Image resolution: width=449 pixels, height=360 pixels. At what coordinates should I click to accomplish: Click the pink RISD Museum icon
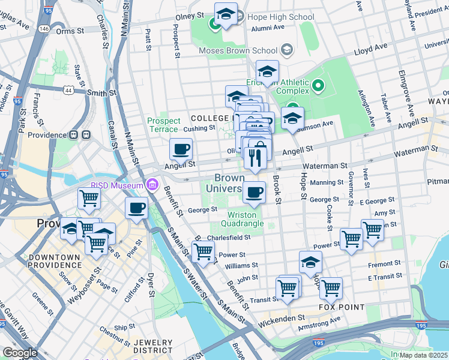tap(152, 183)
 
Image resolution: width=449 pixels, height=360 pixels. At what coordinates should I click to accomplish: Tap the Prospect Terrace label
tap(163, 125)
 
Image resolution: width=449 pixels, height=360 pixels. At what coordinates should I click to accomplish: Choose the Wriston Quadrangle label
tap(246, 219)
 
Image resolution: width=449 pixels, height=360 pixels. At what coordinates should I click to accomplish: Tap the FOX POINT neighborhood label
tap(342, 307)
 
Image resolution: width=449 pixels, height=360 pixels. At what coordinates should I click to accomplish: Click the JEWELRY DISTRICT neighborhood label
tap(152, 346)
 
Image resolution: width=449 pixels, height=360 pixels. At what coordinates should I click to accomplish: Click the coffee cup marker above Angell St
tap(181, 149)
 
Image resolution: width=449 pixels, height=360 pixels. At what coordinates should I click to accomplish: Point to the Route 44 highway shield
tap(68, 89)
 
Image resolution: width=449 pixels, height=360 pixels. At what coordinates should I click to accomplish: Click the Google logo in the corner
tap(20, 353)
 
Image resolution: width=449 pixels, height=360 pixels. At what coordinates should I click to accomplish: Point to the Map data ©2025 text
tap(424, 355)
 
